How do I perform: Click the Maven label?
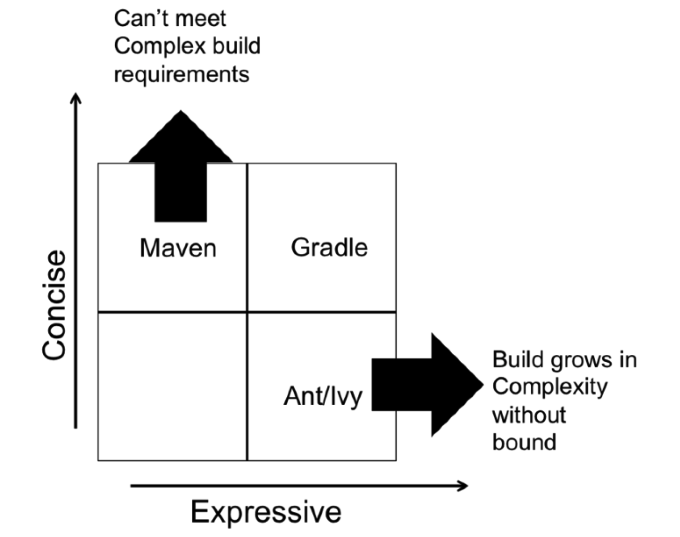point(178,248)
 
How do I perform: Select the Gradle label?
point(329,247)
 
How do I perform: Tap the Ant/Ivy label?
point(323,396)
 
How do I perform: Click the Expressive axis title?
point(266,512)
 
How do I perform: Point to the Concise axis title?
point(55,305)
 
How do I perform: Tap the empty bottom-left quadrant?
point(172,386)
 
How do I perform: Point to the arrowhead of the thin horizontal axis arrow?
point(464,486)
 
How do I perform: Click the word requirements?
point(181,74)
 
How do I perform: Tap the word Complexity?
point(550,387)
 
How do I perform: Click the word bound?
point(524,442)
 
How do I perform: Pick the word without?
point(529,415)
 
